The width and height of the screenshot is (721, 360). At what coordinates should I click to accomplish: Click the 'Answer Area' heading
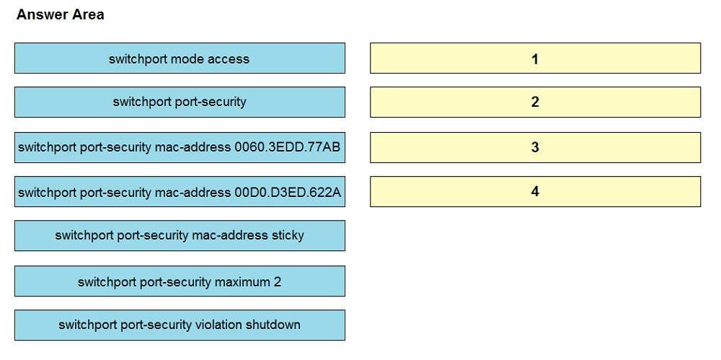pyautogui.click(x=61, y=14)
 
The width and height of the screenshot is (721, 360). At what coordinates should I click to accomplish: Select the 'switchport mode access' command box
pyautogui.click(x=180, y=58)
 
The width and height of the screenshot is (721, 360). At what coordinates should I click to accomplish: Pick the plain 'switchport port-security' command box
pyautogui.click(x=180, y=102)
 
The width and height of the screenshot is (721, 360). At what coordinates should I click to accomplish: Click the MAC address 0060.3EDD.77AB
pyautogui.click(x=287, y=147)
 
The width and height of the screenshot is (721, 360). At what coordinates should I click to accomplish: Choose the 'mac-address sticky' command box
pyautogui.click(x=180, y=235)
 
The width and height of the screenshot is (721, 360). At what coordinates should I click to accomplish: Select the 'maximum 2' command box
pyautogui.click(x=180, y=281)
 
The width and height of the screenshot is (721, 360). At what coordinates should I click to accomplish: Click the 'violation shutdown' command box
pyautogui.click(x=180, y=325)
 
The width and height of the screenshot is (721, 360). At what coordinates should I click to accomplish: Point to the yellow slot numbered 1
pyautogui.click(x=535, y=58)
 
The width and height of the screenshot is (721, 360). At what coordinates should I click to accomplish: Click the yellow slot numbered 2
pyautogui.click(x=535, y=102)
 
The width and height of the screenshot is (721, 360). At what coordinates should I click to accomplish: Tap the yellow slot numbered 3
pyautogui.click(x=535, y=147)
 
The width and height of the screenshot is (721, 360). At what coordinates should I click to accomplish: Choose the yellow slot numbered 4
pyautogui.click(x=535, y=191)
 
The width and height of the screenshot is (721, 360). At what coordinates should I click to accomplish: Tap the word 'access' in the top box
pyautogui.click(x=229, y=59)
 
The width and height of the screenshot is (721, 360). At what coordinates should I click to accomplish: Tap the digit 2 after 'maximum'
pyautogui.click(x=278, y=281)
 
